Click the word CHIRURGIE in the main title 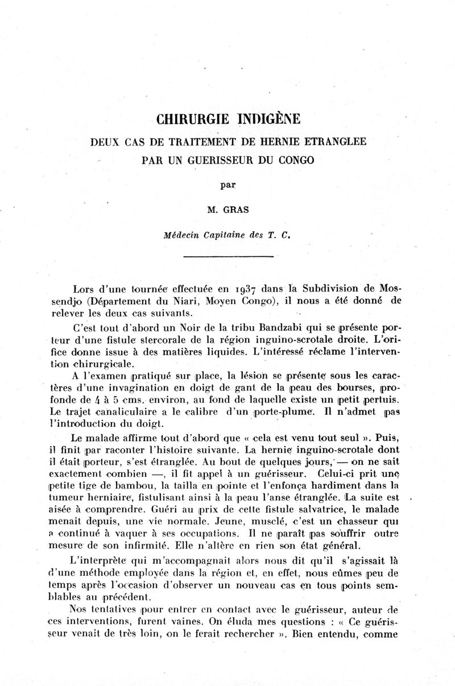coord(183,120)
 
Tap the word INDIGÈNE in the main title coord(259,120)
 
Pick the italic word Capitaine coord(218,234)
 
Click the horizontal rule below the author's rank coord(229,257)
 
